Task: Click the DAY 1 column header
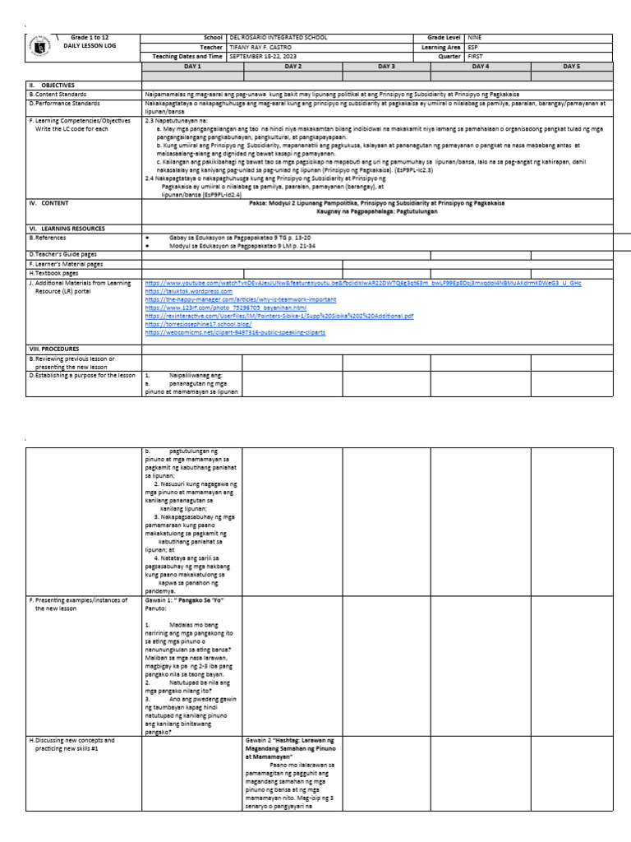(191, 66)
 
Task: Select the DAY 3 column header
(386, 66)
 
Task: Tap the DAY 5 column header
(571, 66)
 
